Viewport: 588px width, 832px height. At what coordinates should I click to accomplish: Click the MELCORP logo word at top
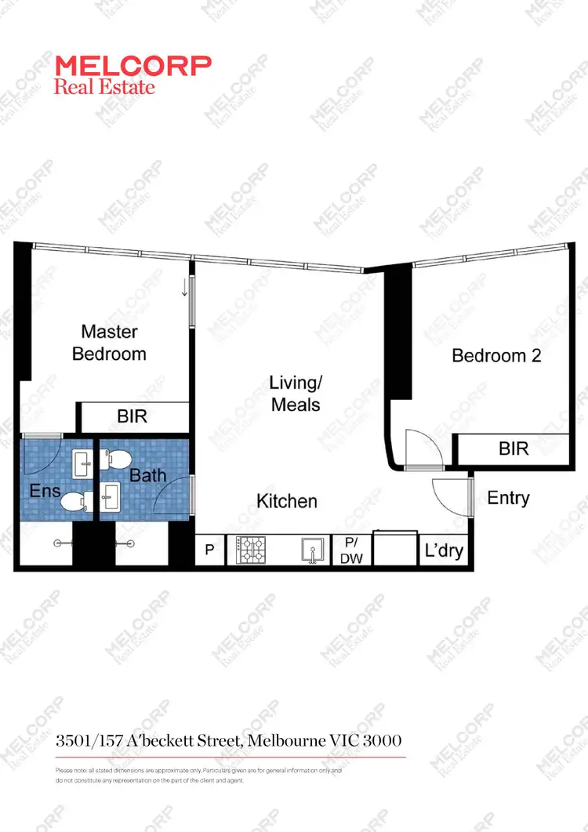tap(132, 66)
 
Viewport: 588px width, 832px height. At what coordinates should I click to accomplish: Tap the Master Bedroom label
tap(109, 343)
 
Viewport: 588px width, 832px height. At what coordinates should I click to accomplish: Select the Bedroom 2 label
tap(496, 355)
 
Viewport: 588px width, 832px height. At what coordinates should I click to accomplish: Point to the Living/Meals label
tap(295, 394)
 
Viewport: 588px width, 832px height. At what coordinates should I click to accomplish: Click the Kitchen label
tap(287, 501)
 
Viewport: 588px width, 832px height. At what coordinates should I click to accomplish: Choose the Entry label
tap(508, 498)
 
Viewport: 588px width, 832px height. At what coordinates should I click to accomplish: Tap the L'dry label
tap(444, 550)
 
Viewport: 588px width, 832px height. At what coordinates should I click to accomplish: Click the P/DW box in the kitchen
tap(347, 550)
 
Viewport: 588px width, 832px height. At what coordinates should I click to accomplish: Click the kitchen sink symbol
tap(312, 550)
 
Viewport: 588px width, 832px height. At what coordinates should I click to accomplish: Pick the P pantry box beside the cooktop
tap(209, 550)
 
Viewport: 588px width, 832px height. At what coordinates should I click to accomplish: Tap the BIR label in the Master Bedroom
tap(132, 416)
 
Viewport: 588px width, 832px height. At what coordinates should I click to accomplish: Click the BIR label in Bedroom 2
tap(514, 449)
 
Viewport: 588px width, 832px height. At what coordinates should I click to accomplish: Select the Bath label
tap(148, 474)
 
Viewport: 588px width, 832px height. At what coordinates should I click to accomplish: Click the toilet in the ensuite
tap(74, 502)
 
